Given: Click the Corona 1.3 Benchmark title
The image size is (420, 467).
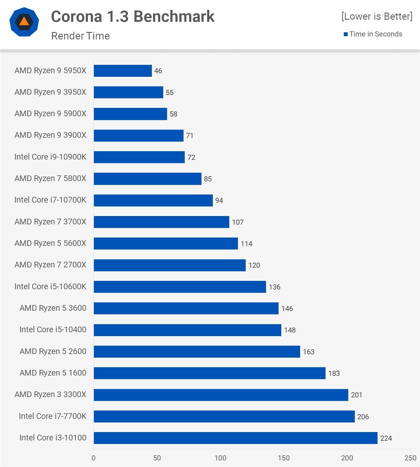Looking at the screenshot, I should [133, 16].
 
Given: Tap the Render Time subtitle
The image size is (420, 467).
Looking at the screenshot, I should [80, 36].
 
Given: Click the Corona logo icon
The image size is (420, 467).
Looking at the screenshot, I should [24, 22].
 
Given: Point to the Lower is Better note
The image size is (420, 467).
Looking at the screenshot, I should [377, 16].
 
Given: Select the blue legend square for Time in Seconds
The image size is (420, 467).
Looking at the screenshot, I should [346, 34].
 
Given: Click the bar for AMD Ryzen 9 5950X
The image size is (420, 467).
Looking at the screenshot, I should [123, 71].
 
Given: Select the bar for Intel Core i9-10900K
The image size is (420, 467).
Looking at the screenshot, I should [139, 157].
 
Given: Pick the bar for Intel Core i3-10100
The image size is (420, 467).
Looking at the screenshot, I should [235, 438].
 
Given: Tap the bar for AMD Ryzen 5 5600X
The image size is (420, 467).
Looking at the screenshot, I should [166, 244].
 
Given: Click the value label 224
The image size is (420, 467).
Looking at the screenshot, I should [386, 438].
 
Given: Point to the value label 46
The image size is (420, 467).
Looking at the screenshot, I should [158, 71].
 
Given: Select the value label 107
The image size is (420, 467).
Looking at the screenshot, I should [238, 222].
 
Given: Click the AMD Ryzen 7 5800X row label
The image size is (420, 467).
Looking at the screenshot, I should [50, 178].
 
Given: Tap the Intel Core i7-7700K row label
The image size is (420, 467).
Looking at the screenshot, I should [52, 416].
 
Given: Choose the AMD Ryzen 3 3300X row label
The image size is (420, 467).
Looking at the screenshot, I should [50, 394].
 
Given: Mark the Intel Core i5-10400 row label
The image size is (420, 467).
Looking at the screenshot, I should [53, 330].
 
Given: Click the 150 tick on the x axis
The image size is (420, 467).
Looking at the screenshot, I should [283, 458].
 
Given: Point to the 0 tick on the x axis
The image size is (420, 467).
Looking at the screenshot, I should [94, 458].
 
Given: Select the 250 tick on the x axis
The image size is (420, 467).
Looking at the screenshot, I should [410, 458].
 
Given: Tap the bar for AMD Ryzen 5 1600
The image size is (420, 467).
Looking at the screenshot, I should [209, 373].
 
